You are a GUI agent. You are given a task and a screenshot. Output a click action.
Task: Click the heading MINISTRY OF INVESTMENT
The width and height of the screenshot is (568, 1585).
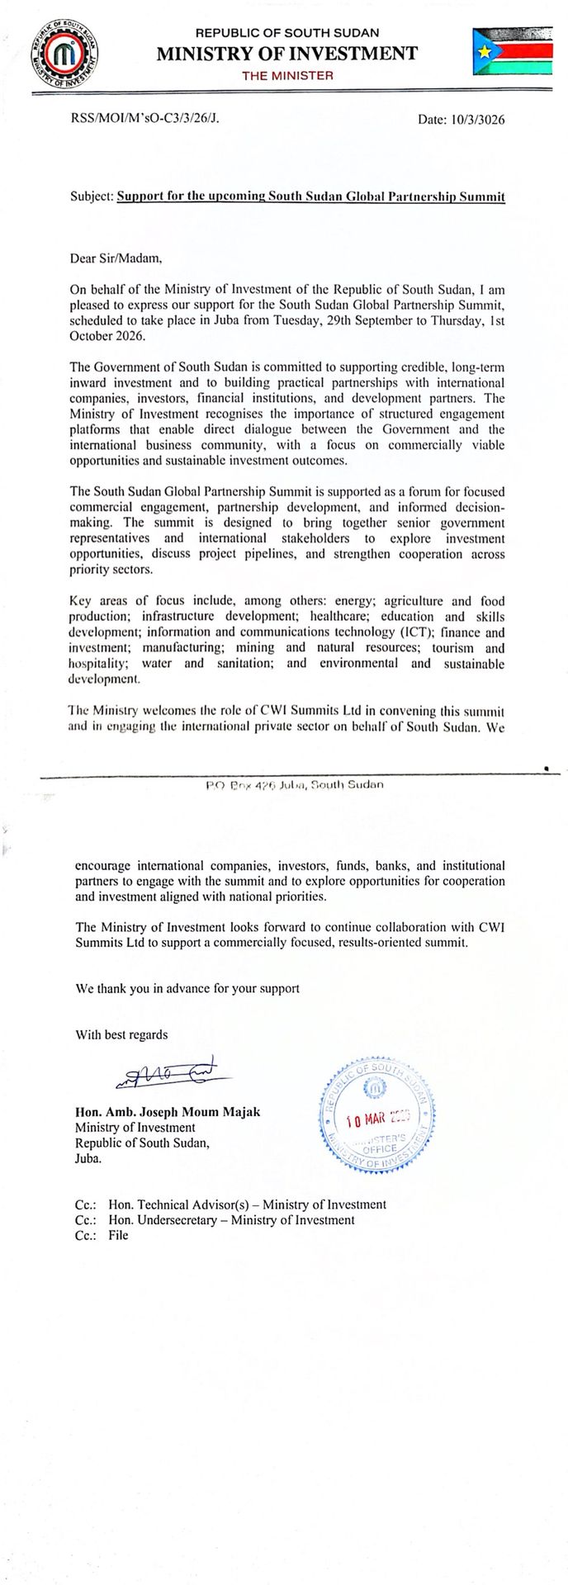(287, 54)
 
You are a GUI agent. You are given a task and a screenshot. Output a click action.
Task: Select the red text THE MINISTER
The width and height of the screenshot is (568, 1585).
(287, 76)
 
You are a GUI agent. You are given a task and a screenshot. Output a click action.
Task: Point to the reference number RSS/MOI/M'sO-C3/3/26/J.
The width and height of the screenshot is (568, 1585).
(145, 119)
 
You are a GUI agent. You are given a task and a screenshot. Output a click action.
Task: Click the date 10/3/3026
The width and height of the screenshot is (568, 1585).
(461, 120)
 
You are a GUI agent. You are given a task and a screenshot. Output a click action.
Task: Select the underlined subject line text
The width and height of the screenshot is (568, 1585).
(310, 197)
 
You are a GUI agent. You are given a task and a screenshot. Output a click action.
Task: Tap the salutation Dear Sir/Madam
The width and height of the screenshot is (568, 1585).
(116, 258)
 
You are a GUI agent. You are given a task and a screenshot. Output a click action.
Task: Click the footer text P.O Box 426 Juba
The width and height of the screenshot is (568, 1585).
(295, 784)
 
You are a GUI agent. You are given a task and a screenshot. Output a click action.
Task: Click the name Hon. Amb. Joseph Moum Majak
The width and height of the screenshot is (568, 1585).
(168, 1112)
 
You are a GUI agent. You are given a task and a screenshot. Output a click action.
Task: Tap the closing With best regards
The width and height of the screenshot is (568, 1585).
(121, 1034)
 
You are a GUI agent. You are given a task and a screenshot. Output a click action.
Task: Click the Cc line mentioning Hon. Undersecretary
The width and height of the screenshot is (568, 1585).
(215, 1220)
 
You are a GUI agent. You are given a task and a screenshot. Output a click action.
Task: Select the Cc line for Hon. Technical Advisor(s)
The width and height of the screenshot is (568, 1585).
(230, 1204)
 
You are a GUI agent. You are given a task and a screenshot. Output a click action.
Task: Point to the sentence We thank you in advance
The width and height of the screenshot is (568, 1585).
(187, 988)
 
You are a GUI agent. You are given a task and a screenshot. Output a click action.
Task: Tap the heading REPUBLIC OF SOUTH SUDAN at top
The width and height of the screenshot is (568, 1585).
(287, 33)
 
